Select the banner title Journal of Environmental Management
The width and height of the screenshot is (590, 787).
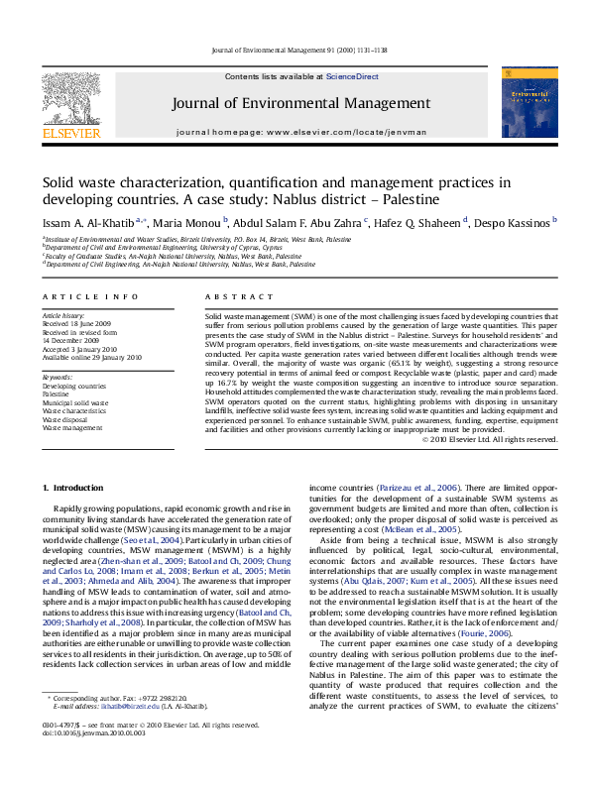point(301,103)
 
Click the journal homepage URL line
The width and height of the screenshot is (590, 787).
point(301,131)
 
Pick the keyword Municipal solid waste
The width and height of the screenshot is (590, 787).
point(76,403)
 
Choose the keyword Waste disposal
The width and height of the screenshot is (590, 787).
point(68,419)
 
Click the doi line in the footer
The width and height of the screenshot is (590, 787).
point(81,760)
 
